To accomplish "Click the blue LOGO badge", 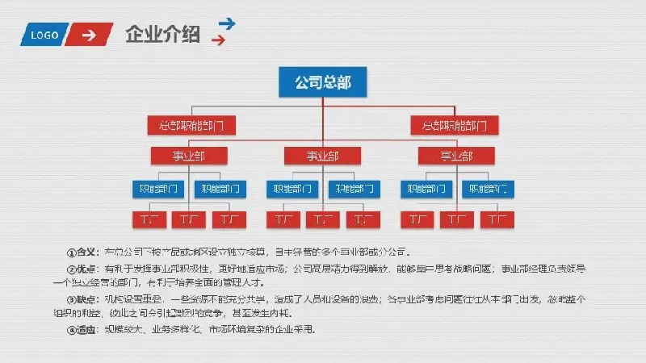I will tap(45, 35).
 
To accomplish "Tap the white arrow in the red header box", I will tap(90, 35).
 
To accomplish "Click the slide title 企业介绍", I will tap(163, 35).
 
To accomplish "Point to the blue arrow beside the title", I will tap(227, 24).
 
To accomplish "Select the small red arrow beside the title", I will tap(217, 40).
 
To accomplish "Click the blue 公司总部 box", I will tap(322, 81).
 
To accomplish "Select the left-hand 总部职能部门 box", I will tap(191, 126).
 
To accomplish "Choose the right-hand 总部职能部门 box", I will tap(455, 126).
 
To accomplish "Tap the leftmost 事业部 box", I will tap(187, 156).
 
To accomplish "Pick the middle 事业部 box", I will tap(322, 156).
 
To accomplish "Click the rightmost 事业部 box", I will tap(456, 156).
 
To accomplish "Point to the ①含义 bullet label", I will tap(82, 251).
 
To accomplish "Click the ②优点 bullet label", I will tap(82, 268).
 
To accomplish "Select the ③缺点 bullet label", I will tap(82, 298).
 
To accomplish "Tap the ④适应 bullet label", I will tap(82, 329).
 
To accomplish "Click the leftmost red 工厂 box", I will tap(148, 219).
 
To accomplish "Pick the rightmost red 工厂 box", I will tap(497, 219).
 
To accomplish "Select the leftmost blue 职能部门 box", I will tap(157, 190).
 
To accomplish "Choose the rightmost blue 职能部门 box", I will tap(487, 190).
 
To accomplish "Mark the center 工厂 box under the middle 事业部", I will tap(322, 219).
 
